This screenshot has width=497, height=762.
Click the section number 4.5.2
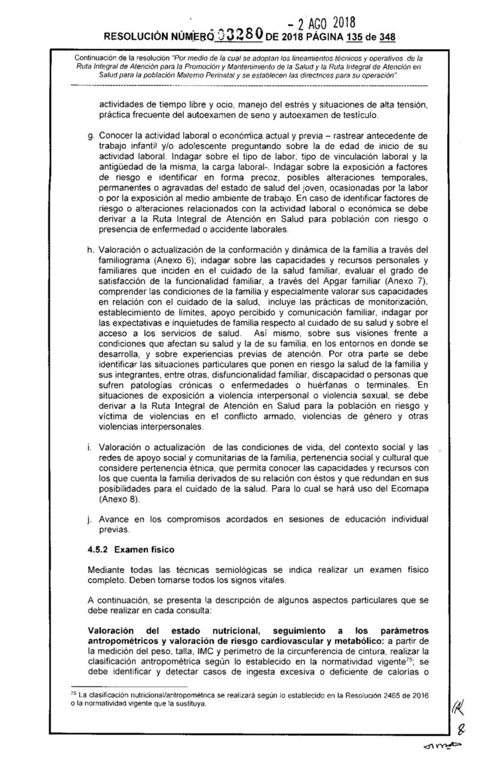(x=98, y=549)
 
